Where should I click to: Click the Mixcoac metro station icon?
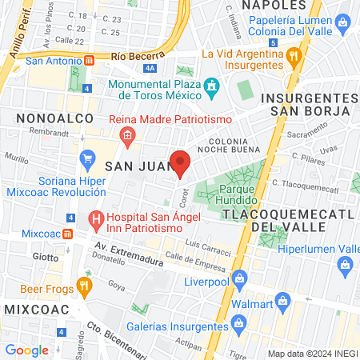(69, 234)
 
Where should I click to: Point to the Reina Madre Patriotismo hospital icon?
(127, 137)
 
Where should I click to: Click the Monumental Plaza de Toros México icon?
(212, 85)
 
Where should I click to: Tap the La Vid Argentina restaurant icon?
(294, 55)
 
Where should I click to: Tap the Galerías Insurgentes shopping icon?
(238, 322)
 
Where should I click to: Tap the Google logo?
(26, 350)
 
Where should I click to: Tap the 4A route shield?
(152, 69)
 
